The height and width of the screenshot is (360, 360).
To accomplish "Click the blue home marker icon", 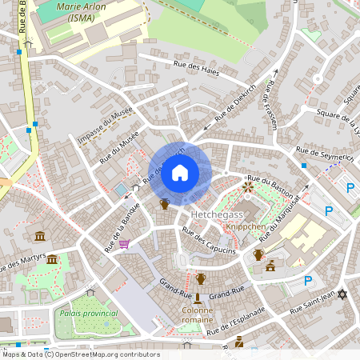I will coord(180,173).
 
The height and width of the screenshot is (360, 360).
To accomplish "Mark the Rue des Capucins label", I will coord(208,241).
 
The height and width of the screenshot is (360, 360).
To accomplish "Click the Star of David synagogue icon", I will coord(343,295).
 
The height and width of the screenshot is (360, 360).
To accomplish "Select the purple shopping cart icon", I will coord(124,244).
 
